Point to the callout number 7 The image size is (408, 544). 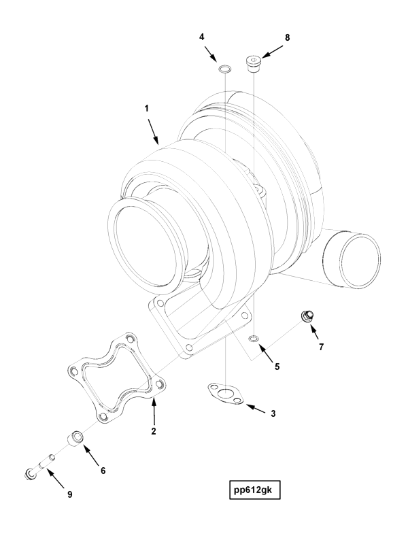321,346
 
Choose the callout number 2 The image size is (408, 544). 154,431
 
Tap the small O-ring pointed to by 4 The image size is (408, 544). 224,69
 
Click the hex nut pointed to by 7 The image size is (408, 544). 307,316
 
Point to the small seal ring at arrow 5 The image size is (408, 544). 254,338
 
